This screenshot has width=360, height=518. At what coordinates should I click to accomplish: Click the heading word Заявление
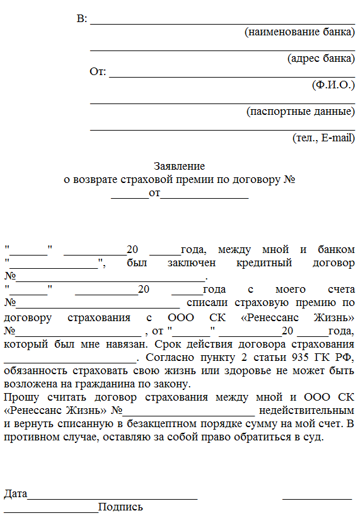(x=180, y=167)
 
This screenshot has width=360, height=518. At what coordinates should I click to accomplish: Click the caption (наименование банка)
(x=299, y=32)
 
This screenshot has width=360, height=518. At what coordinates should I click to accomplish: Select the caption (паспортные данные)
(x=300, y=111)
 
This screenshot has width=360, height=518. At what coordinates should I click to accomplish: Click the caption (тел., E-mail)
(x=323, y=137)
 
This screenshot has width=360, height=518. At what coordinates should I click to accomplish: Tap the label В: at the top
(x=82, y=19)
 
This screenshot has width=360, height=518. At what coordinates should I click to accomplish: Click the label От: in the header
(x=98, y=71)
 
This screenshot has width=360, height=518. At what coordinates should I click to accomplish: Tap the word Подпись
(x=121, y=507)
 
